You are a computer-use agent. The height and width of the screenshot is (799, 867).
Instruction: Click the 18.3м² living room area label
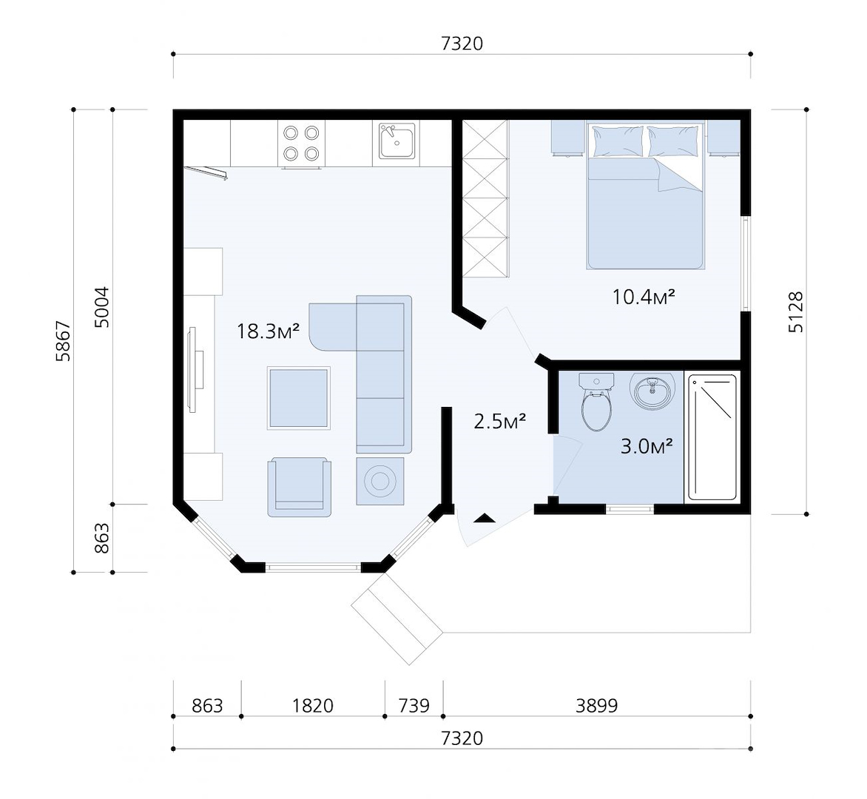269,331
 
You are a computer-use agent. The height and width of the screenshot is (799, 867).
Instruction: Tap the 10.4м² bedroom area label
644,297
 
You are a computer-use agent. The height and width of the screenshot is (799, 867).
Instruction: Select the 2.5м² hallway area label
500,421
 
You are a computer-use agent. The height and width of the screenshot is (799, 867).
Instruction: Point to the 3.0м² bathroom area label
647,445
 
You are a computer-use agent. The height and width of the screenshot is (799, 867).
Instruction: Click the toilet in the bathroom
596,402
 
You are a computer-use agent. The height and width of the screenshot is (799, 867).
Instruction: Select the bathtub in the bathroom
712,437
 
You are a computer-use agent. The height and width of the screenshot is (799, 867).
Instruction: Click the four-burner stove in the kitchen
301,144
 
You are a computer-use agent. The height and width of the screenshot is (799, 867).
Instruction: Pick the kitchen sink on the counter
397,141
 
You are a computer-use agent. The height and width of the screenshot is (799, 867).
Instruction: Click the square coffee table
299,398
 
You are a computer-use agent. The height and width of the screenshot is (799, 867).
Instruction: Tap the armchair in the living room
299,487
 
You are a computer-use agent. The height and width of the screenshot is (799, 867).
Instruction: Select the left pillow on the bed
618,141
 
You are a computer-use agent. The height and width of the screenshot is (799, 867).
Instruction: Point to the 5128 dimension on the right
795,312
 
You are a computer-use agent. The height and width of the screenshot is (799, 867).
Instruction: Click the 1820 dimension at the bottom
312,706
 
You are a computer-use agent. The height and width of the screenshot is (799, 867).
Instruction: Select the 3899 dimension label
596,706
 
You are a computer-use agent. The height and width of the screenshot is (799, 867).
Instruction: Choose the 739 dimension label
414,706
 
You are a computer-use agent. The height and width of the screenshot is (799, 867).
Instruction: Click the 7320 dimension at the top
462,43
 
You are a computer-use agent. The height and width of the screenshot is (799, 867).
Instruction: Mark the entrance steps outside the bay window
397,618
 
